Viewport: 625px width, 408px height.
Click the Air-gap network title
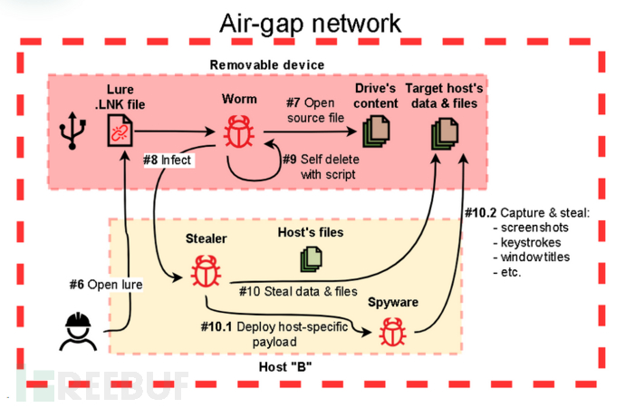(310, 24)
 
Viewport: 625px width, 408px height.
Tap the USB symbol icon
(72, 131)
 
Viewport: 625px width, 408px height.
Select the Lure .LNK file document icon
(120, 131)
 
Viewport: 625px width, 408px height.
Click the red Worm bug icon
(239, 131)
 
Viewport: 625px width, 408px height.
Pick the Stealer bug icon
(206, 271)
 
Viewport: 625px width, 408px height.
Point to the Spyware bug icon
(392, 332)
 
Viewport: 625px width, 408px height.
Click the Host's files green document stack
(311, 259)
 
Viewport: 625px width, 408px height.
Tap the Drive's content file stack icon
(376, 131)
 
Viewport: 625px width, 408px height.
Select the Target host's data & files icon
(445, 133)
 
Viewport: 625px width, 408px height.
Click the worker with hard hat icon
(78, 332)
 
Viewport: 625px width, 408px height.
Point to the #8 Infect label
(168, 160)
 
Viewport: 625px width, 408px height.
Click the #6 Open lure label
(106, 285)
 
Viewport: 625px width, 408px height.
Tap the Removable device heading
(267, 65)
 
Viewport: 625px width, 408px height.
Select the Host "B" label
(285, 366)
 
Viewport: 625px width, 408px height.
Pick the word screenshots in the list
(534, 228)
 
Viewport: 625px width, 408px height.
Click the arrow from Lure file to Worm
(174, 131)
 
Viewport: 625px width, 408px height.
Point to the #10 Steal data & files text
(298, 292)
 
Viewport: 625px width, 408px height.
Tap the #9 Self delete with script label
(321, 167)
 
